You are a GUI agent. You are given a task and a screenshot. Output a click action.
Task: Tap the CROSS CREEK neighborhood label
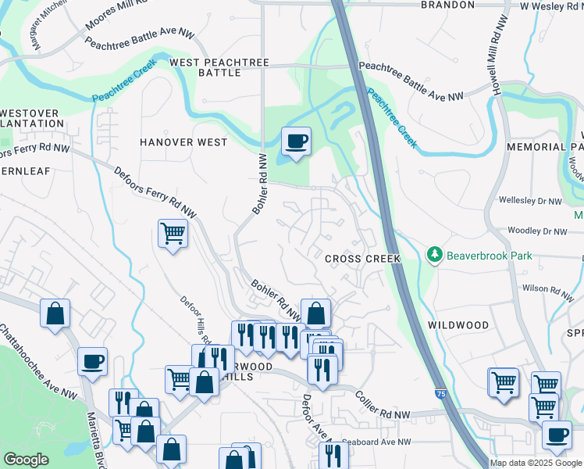coord(362,259)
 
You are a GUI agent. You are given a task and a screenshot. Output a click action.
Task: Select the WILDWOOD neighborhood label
coord(458,324)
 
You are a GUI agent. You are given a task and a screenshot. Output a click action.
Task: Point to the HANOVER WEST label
coord(183,142)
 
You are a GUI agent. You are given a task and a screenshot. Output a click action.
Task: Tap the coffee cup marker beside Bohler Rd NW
coord(296,141)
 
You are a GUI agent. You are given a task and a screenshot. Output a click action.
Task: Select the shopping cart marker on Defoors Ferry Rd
coord(173,232)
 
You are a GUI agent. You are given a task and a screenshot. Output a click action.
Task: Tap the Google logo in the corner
coord(26,460)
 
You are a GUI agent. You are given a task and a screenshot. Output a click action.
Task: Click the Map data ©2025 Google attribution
coord(536,463)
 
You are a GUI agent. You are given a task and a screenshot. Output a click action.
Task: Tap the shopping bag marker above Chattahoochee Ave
coord(55,313)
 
